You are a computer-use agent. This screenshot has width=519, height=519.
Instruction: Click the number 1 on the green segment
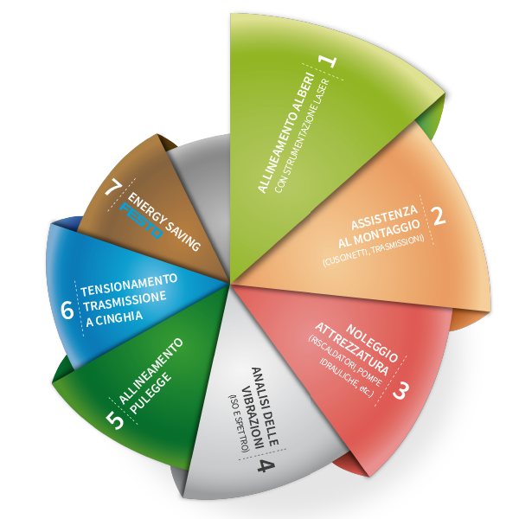click(327, 62)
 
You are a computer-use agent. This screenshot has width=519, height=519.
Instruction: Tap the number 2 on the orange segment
click(439, 215)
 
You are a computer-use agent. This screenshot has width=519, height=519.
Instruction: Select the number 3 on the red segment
click(400, 390)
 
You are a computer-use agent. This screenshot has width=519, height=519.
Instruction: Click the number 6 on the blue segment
click(67, 310)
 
